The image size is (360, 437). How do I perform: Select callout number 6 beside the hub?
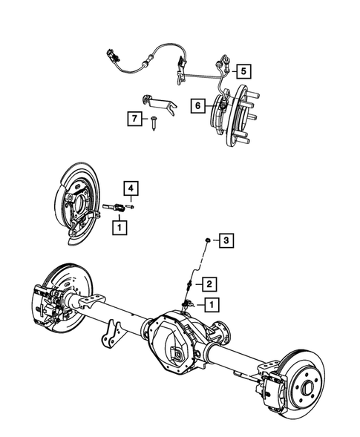click(x=197, y=105)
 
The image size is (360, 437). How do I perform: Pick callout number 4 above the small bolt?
click(x=130, y=188)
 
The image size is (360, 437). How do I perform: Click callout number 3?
click(x=226, y=240)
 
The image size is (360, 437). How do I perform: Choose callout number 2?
click(x=210, y=283)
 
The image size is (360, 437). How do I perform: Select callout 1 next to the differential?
click(x=212, y=304)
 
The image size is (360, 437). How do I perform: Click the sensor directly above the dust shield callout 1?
click(x=116, y=208)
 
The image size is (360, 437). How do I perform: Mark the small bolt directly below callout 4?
click(x=130, y=207)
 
